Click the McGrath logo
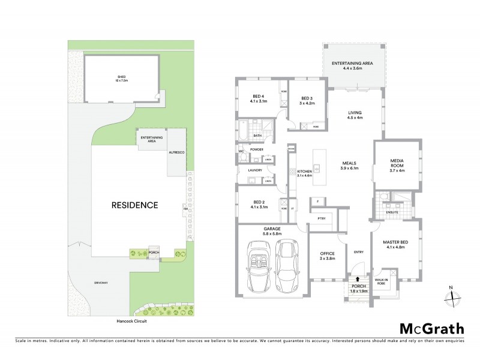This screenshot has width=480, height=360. (432, 328)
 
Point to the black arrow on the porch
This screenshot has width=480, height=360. (359, 279)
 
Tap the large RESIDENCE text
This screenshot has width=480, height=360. (134, 205)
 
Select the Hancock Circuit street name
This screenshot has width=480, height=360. (131, 321)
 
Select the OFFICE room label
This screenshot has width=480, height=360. (327, 253)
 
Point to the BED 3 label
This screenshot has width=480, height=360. (307, 98)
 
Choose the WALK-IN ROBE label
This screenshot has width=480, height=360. (383, 280)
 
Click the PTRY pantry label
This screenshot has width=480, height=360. (321, 219)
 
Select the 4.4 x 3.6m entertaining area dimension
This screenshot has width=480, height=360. (353, 68)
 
